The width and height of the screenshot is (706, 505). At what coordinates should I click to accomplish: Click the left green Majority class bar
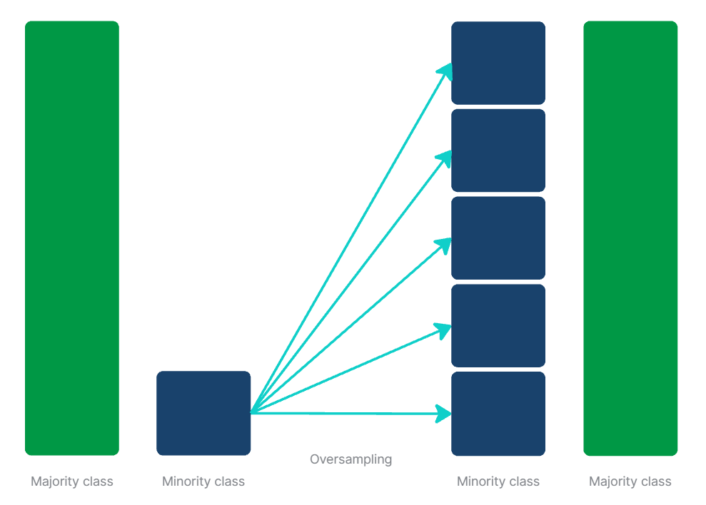71,238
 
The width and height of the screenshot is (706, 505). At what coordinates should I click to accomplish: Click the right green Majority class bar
630,238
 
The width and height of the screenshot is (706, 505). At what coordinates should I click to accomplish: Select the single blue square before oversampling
203,413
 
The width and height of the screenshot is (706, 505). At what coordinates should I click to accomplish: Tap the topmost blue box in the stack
498,63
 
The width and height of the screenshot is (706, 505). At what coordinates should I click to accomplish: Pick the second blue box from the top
498,151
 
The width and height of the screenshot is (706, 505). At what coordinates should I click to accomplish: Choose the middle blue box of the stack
498,238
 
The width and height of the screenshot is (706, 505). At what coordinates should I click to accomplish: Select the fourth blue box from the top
498,325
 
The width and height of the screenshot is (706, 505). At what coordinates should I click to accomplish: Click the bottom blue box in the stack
498,413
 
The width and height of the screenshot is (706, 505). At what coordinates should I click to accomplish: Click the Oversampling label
351,459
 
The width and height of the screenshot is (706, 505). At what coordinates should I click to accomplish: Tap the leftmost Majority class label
71,481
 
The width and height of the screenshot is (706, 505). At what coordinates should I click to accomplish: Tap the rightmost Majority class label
630,481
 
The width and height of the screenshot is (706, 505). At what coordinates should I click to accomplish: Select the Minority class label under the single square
203,481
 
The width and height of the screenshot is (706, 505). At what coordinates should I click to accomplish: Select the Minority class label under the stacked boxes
498,481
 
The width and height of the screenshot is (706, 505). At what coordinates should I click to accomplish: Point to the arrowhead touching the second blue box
446,157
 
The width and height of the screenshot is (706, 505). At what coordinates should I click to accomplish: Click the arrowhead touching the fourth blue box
445,330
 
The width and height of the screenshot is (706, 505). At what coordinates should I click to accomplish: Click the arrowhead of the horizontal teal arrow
445,413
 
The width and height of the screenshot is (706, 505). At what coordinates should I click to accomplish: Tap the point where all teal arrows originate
252,412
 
